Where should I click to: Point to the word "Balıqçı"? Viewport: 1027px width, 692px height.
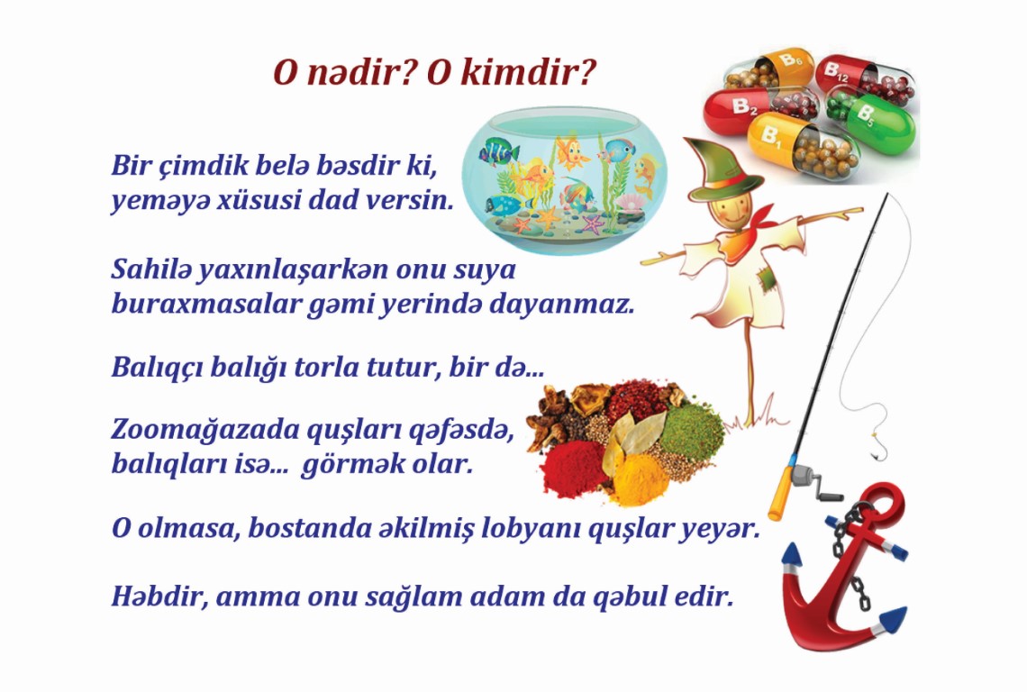click(x=155, y=367)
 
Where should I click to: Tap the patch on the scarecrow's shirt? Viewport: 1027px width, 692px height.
click(x=766, y=278)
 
